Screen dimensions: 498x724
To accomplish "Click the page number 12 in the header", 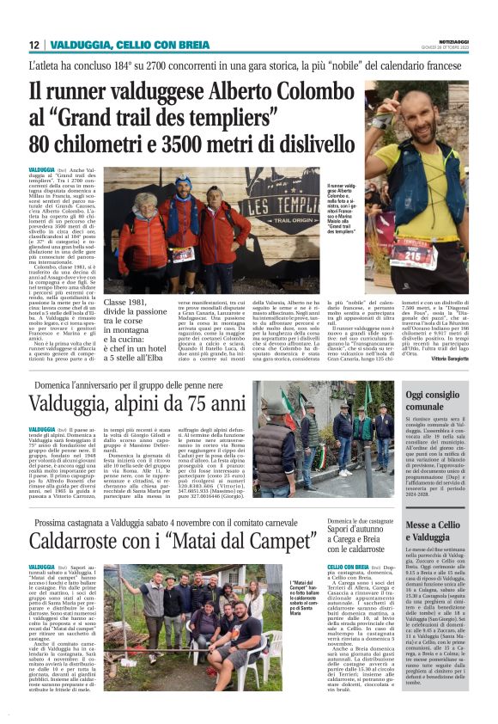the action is (x=33, y=45).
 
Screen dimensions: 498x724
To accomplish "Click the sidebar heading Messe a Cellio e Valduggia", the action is (x=434, y=531).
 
